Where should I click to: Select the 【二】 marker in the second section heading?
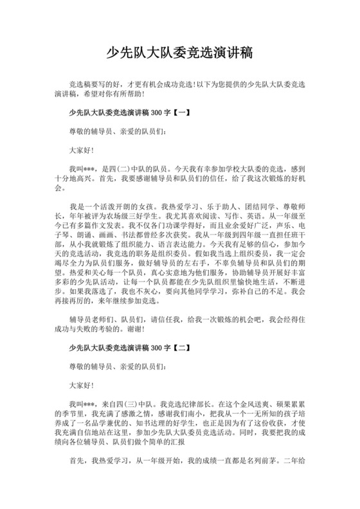pyautogui.click(x=181, y=347)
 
